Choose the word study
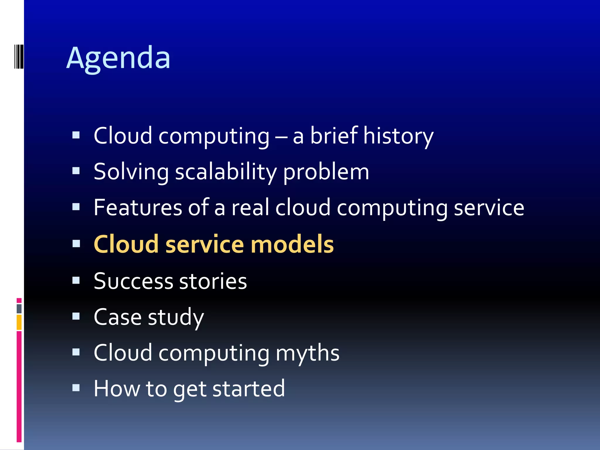[x=176, y=317]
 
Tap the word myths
[x=307, y=353]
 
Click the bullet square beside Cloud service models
[x=76, y=244]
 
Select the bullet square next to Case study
[x=76, y=316]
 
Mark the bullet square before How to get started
[x=76, y=388]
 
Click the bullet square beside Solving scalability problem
[x=76, y=171]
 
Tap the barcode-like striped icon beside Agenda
[x=19, y=56]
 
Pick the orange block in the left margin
[x=19, y=322]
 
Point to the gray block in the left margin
[x=19, y=308]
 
